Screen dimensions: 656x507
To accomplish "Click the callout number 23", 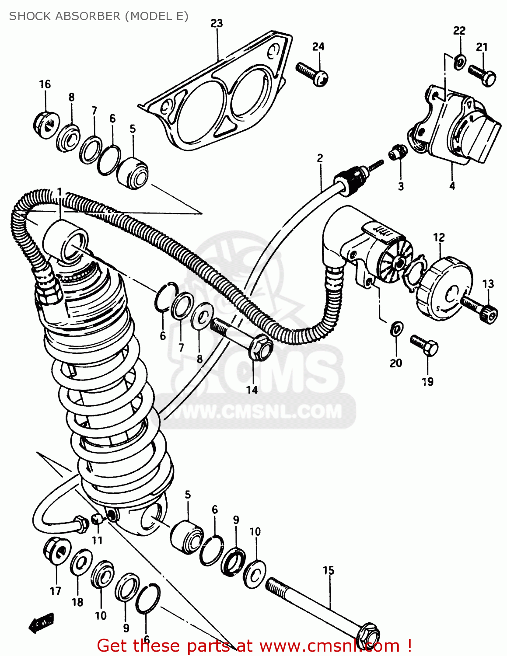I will pos(217,23).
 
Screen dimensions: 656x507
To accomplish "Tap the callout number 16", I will pos(45,84).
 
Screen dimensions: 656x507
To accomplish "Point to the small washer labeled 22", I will pos(459,62).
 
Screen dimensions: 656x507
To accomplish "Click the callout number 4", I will pos(452,186).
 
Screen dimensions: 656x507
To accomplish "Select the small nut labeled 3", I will pos(398,152).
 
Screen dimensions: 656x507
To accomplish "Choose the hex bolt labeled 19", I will pos(424,345).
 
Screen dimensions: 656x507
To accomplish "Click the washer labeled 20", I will pos(396,328).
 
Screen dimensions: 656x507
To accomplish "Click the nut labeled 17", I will pos(57,549).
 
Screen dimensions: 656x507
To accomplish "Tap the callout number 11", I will pos(97,540).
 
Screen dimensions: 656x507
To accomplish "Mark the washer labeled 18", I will pos(81,563).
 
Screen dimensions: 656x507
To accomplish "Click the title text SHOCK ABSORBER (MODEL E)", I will pos(98,16).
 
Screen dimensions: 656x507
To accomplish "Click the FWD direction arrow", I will pos(41,621).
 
